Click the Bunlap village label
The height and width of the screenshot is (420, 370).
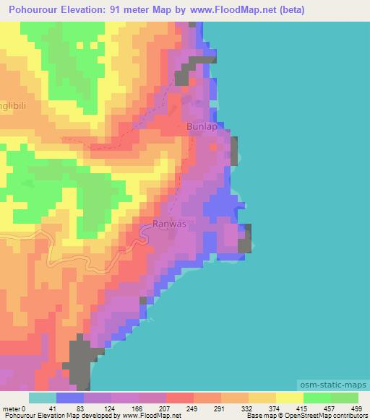(202, 126)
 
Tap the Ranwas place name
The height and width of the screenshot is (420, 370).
(170, 224)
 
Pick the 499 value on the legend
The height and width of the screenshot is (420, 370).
(355, 409)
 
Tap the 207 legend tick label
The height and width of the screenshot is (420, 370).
(165, 409)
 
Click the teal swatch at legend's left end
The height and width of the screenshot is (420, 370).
(42, 398)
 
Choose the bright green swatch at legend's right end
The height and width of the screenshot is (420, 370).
(344, 398)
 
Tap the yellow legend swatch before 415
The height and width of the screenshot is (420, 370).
(289, 398)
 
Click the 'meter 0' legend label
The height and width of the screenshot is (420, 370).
(14, 409)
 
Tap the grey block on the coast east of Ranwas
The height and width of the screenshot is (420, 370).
(246, 238)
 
